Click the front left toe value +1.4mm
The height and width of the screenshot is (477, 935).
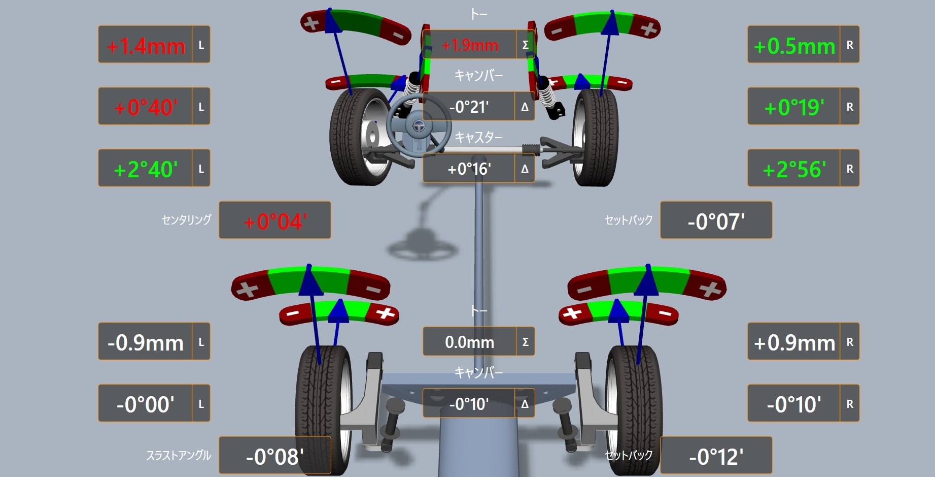146,46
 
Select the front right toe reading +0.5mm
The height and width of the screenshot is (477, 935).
794,46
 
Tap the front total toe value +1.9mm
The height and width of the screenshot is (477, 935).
470,45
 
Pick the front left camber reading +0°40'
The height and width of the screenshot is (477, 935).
146,107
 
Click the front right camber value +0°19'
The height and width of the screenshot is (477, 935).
794,107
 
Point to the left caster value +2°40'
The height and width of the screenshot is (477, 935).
146,169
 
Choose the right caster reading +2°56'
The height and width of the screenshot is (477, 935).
794,169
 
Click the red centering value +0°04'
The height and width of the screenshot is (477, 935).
275,221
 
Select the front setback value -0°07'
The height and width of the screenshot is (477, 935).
716,221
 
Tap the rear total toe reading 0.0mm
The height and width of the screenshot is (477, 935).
469,342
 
